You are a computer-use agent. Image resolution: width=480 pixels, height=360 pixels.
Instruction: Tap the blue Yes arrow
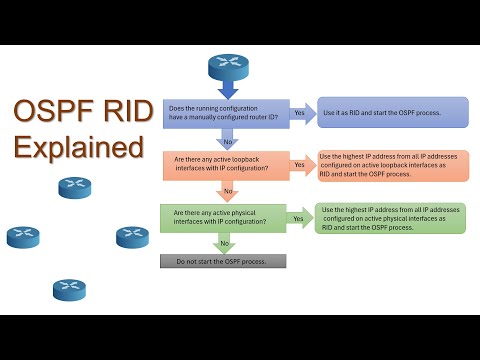(300, 113)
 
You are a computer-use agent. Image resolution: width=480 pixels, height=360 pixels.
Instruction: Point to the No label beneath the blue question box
(227, 141)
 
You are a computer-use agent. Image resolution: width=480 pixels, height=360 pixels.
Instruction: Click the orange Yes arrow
(298, 165)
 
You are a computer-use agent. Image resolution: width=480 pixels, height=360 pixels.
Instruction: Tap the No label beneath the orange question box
(230, 191)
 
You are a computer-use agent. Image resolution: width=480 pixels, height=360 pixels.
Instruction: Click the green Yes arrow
(298, 217)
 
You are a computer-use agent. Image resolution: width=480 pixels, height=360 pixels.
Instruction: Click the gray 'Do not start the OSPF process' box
(223, 261)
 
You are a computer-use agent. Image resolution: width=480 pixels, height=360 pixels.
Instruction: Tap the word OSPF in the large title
(51, 112)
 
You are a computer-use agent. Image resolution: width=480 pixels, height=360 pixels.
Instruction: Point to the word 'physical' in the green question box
(249, 212)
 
